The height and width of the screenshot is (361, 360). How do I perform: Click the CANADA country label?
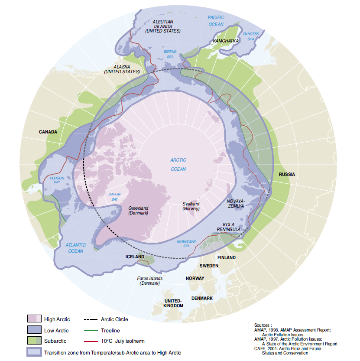48,132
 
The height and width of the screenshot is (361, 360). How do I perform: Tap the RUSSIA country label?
287,174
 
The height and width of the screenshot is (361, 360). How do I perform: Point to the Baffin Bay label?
114,197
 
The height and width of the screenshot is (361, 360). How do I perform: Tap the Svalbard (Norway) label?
191,206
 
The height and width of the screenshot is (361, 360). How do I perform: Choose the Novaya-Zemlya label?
236,204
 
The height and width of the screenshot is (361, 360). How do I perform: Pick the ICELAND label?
135,257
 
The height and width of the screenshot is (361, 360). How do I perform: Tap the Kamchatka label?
226,41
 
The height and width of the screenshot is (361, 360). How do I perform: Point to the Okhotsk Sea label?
250,36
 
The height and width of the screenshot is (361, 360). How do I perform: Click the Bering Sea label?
170,54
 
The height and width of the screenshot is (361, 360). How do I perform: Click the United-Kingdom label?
174,303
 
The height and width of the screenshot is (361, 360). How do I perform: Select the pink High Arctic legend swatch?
34,319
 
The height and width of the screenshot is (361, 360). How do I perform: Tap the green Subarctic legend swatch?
34,341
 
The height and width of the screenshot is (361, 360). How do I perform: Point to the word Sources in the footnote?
263,324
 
